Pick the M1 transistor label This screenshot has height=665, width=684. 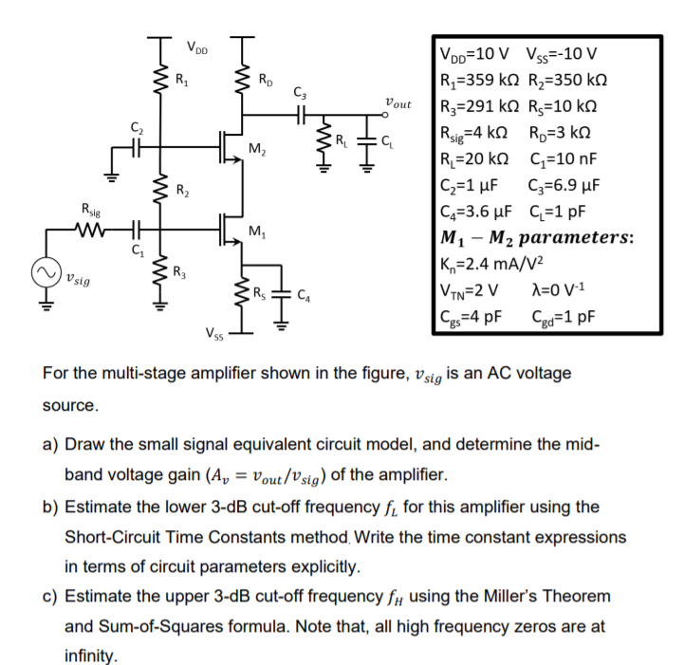255,231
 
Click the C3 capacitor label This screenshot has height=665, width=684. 302,93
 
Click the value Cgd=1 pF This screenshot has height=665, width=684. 570,316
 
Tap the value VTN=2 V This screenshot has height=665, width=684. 471,289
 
